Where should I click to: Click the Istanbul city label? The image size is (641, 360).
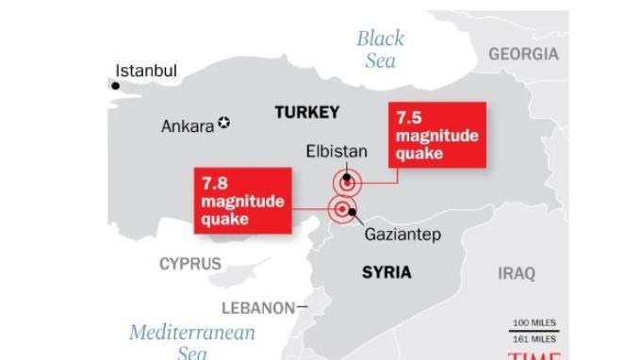tap(145, 71)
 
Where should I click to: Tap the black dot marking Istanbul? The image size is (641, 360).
tap(116, 86)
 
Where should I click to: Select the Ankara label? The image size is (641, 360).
tap(188, 125)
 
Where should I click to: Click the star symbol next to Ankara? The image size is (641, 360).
tap(223, 123)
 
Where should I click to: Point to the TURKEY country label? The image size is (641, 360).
tap(306, 113)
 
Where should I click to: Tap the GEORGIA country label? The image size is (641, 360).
tap(523, 54)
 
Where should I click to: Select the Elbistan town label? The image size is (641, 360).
tap(337, 151)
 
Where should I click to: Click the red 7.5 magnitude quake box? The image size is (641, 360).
tap(436, 136)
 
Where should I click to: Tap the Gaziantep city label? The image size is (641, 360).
tap(403, 236)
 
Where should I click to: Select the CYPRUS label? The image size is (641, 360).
tap(190, 265)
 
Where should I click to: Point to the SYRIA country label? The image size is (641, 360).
tap(386, 272)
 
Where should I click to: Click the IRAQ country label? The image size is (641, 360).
tap(516, 273)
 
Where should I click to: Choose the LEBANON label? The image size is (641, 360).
tap(257, 307)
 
